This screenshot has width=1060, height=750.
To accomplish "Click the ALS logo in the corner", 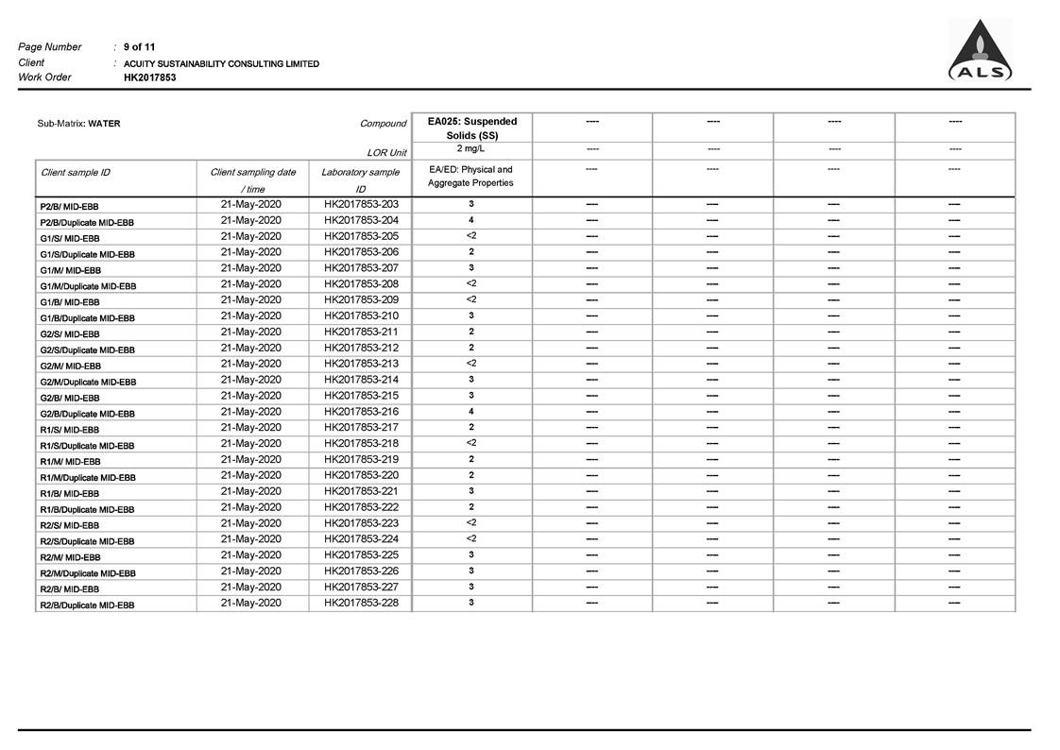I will [x=980, y=52].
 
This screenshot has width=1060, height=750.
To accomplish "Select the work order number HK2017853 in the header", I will [x=149, y=77].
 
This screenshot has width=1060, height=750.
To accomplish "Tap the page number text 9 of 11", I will [x=140, y=47].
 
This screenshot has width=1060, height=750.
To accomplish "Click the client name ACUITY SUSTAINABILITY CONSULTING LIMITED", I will [x=221, y=64].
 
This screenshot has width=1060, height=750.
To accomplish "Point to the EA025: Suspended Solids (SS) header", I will [x=472, y=128].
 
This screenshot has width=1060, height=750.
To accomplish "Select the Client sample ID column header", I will [x=76, y=173].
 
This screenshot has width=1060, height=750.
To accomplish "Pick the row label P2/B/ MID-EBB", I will [x=69, y=206].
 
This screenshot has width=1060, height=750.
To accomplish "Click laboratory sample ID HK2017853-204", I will [x=361, y=220].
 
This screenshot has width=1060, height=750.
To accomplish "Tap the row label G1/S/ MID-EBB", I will [x=69, y=238].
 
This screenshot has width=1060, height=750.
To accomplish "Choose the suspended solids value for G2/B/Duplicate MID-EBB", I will [x=471, y=412].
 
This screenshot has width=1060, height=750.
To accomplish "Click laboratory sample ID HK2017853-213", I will [x=361, y=364].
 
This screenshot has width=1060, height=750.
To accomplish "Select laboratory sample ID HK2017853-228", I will [x=361, y=603].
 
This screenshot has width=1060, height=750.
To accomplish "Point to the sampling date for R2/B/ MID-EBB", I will [x=250, y=587].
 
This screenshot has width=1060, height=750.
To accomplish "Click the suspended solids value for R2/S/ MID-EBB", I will [x=471, y=522].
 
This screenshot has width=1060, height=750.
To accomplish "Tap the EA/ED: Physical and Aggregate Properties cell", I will [x=471, y=177].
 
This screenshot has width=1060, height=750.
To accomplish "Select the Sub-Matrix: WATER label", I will [x=78, y=124].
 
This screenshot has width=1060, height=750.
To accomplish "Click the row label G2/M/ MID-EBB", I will [x=70, y=366].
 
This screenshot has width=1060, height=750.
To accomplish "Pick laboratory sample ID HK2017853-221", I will [x=361, y=491].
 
